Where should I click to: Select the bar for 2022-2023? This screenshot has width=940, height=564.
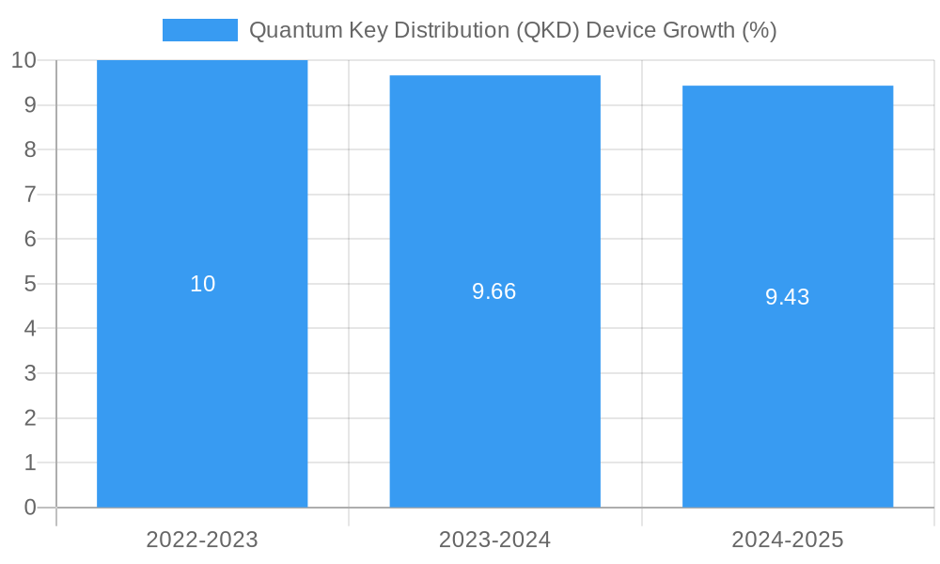point(202,376)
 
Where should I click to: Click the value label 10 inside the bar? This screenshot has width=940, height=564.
point(203,284)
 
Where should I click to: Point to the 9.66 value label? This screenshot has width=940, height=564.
point(494,291)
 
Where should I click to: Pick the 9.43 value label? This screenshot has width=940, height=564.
point(788,297)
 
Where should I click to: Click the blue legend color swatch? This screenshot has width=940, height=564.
point(200,30)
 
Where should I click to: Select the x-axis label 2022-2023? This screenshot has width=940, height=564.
point(202,540)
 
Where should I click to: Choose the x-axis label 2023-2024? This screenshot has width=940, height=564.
point(495,540)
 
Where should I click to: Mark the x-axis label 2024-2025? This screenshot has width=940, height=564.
point(788,540)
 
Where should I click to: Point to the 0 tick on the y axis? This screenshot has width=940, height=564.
point(30,508)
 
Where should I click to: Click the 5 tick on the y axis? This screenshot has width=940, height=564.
point(30,284)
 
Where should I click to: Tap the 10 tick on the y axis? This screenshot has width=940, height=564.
point(24,60)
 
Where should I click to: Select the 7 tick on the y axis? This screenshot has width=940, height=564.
point(30,195)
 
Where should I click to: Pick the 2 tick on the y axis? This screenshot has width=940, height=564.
point(30,418)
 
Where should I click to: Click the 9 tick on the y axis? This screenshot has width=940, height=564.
point(30,105)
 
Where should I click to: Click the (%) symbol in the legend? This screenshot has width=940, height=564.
point(760,30)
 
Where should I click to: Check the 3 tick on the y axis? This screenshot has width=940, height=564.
point(30,373)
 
